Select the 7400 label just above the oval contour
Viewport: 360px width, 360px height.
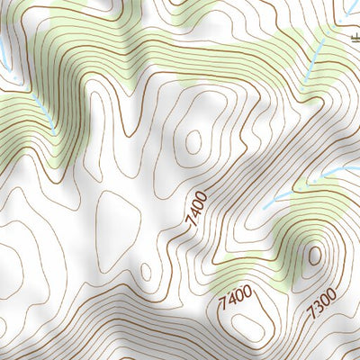point(234,296)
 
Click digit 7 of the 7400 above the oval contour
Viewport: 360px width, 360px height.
point(222,302)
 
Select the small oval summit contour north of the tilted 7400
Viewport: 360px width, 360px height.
point(193,140)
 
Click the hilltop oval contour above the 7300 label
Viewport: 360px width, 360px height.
point(314,256)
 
